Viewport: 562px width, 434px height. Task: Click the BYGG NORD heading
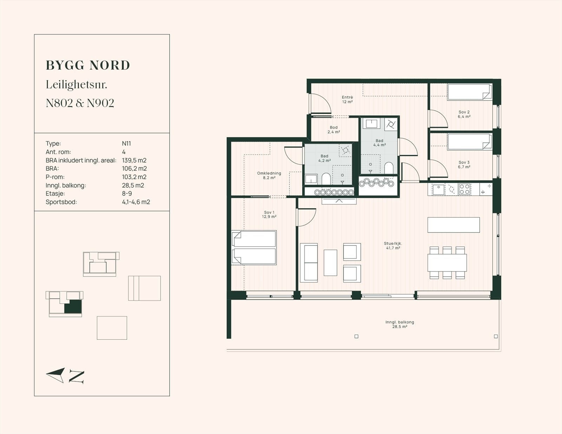(88, 65)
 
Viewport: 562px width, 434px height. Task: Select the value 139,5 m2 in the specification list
(134, 160)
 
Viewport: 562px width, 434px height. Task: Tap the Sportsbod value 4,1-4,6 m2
(136, 202)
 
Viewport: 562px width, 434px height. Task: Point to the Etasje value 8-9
(127, 193)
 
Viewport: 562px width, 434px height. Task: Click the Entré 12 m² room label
(347, 100)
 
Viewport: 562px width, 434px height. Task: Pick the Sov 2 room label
(464, 114)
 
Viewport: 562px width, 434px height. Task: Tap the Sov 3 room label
(464, 165)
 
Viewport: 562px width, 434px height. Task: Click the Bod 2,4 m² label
(334, 129)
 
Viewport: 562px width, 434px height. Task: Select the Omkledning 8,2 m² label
(269, 175)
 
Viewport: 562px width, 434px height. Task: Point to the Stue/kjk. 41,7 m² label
(393, 245)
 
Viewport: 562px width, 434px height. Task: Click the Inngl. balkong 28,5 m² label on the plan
(400, 324)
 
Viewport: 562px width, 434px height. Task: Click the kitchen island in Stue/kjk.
(453, 225)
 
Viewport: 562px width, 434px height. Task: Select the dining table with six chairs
(447, 263)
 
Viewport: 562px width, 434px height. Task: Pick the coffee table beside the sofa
(331, 263)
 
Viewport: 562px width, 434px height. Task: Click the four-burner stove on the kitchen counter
(464, 189)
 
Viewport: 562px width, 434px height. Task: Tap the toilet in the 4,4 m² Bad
(389, 168)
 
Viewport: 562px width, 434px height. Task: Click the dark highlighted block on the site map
(73, 307)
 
